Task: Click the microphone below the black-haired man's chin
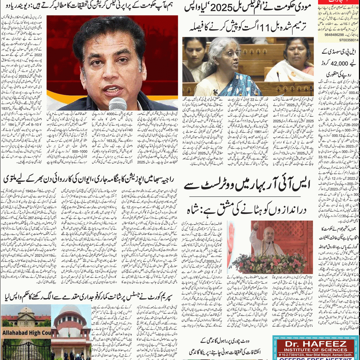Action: [117, 104]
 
